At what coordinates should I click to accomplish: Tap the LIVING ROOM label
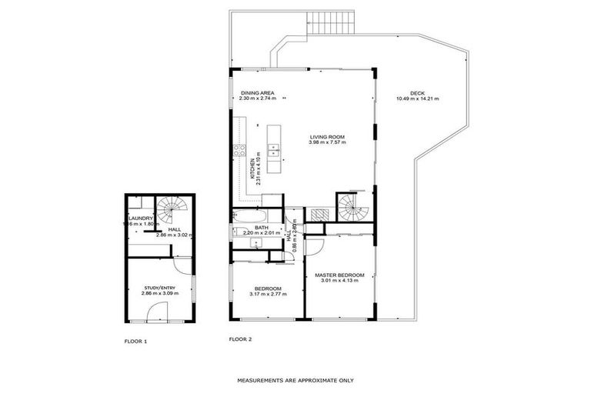pos(327,137)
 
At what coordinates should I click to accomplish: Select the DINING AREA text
pos(258,93)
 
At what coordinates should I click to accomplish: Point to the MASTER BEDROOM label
pos(339,275)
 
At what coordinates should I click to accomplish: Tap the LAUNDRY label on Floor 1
pos(142,218)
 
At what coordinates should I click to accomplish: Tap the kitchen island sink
pos(273,148)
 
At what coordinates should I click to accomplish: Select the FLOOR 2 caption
pos(240,339)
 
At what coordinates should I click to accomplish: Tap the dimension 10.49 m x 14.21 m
pos(416,98)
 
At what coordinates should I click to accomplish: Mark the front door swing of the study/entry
pos(156,312)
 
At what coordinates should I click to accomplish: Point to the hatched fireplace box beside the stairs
pos(318,215)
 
